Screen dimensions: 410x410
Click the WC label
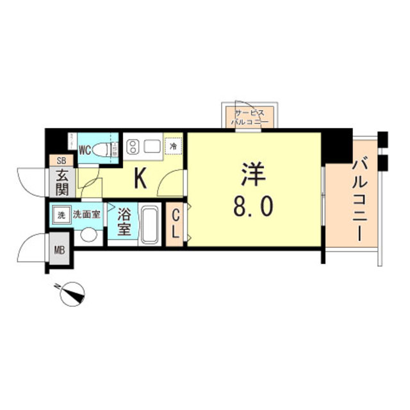[84, 151]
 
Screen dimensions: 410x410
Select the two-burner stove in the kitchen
[132, 147]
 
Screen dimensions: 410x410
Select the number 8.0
[254, 206]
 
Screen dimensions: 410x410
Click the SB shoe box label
[62, 161]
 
